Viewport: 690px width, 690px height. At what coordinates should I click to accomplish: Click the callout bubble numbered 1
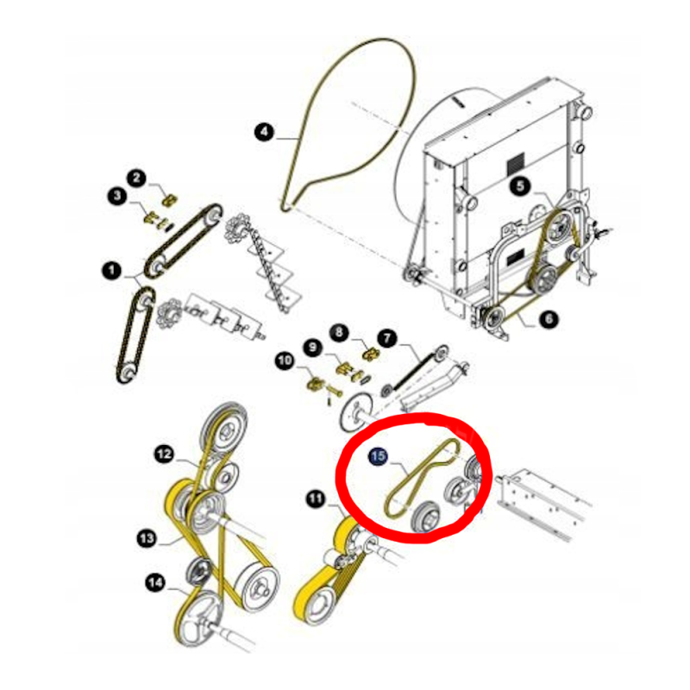coord(111,270)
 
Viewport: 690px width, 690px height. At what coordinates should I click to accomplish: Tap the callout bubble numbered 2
coord(136,178)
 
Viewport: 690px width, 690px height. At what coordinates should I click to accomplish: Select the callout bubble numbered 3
coord(117,196)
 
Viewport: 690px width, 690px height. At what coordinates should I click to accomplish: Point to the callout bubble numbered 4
coord(264,132)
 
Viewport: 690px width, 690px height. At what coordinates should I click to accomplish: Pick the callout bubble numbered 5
coord(520,186)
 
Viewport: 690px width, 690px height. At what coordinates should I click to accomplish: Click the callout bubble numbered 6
coord(549,319)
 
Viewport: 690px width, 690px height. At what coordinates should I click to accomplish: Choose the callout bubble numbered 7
coord(387,338)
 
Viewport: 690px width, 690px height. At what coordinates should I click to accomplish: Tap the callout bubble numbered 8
coord(339,332)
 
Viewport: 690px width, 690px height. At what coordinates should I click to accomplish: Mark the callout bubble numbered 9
coord(312,348)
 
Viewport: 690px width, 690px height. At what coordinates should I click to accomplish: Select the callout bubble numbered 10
coord(285,361)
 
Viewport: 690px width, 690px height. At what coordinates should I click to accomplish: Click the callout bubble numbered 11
coord(315,499)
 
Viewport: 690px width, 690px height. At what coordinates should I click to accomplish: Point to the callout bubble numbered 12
coord(165,454)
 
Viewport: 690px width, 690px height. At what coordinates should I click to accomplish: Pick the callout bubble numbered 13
coord(147,537)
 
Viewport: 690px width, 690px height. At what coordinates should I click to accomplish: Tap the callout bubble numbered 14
coord(155,583)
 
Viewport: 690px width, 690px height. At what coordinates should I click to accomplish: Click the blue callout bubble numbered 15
coord(378,456)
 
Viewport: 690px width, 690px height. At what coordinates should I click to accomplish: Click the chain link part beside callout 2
coord(169,200)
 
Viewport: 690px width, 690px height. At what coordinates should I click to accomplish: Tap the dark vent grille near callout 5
coord(515,163)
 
